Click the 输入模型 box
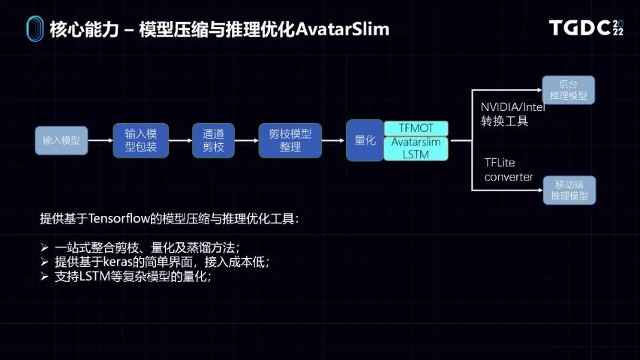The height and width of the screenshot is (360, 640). point(62,140)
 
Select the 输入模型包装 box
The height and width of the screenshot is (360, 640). point(140,140)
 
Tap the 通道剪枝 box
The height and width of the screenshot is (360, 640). point(214,140)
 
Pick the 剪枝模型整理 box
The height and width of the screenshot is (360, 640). point(290,140)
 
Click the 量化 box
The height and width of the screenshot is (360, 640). point(365,140)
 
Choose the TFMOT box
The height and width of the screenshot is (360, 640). point(416,128)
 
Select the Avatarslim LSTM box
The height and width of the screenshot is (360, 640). point(416,148)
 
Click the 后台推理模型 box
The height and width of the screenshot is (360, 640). point(568,90)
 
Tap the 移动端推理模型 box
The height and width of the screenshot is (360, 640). point(568,190)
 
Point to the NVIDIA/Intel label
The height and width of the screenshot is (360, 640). point(512,106)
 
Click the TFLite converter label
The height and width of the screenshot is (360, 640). point(509,169)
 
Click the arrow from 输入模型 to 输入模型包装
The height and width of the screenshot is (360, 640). point(101,140)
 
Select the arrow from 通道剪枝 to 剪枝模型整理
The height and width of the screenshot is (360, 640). point(247,140)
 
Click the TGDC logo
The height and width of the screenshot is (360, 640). point(586,28)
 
